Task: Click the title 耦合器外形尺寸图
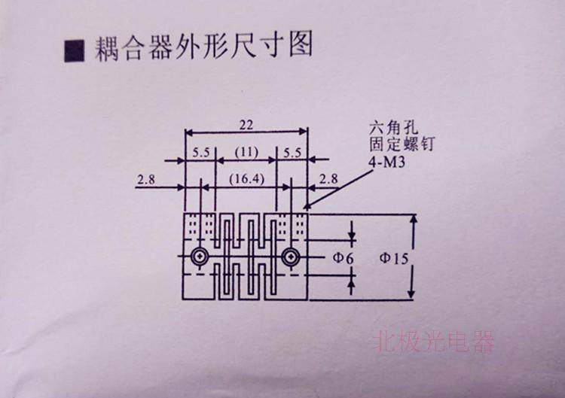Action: click(x=201, y=48)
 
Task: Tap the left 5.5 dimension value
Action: click(x=201, y=152)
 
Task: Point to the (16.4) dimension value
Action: click(x=246, y=180)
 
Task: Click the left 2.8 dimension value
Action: click(x=147, y=179)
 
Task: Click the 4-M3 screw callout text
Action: click(x=387, y=160)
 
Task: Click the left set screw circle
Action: click(x=199, y=257)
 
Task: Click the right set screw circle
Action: click(x=292, y=257)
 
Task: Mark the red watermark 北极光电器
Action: click(x=434, y=343)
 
